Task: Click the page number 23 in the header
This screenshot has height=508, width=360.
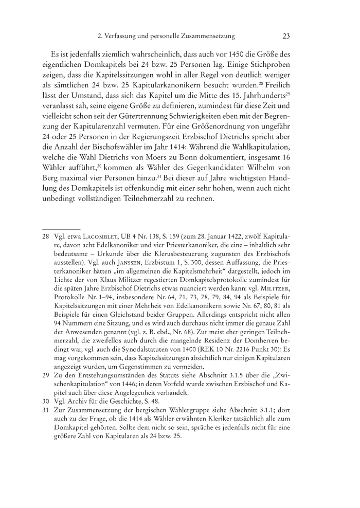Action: pyautogui.click(x=287, y=36)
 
